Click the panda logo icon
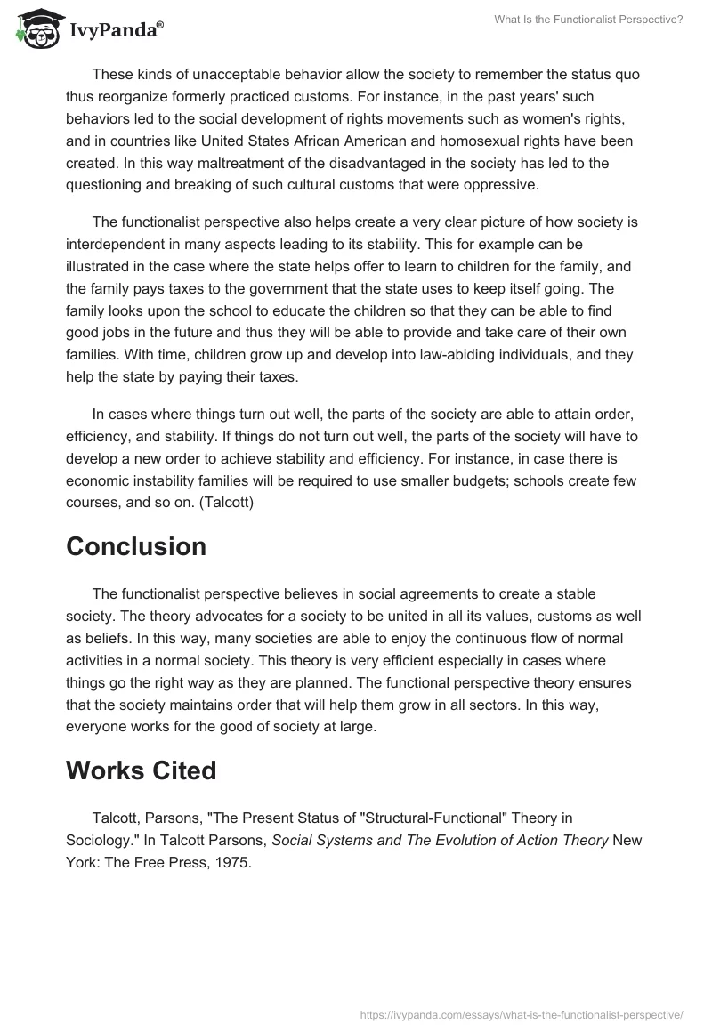pos(35,28)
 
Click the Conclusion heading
pos(136,546)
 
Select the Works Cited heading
pos(141,770)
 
